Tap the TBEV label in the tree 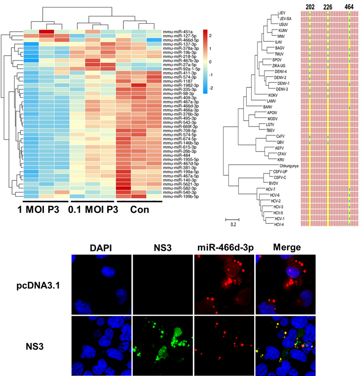[x=271, y=130]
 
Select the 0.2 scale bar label [x=233, y=225]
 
